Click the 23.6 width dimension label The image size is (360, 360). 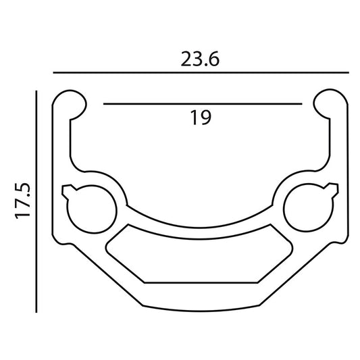pos(200,59)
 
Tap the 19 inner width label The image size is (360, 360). pos(201,118)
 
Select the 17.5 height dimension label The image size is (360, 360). pos(23,201)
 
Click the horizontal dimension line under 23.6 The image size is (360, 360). pos(201,72)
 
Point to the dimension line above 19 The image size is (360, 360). pos(203,104)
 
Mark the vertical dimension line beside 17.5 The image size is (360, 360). pos(36,201)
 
